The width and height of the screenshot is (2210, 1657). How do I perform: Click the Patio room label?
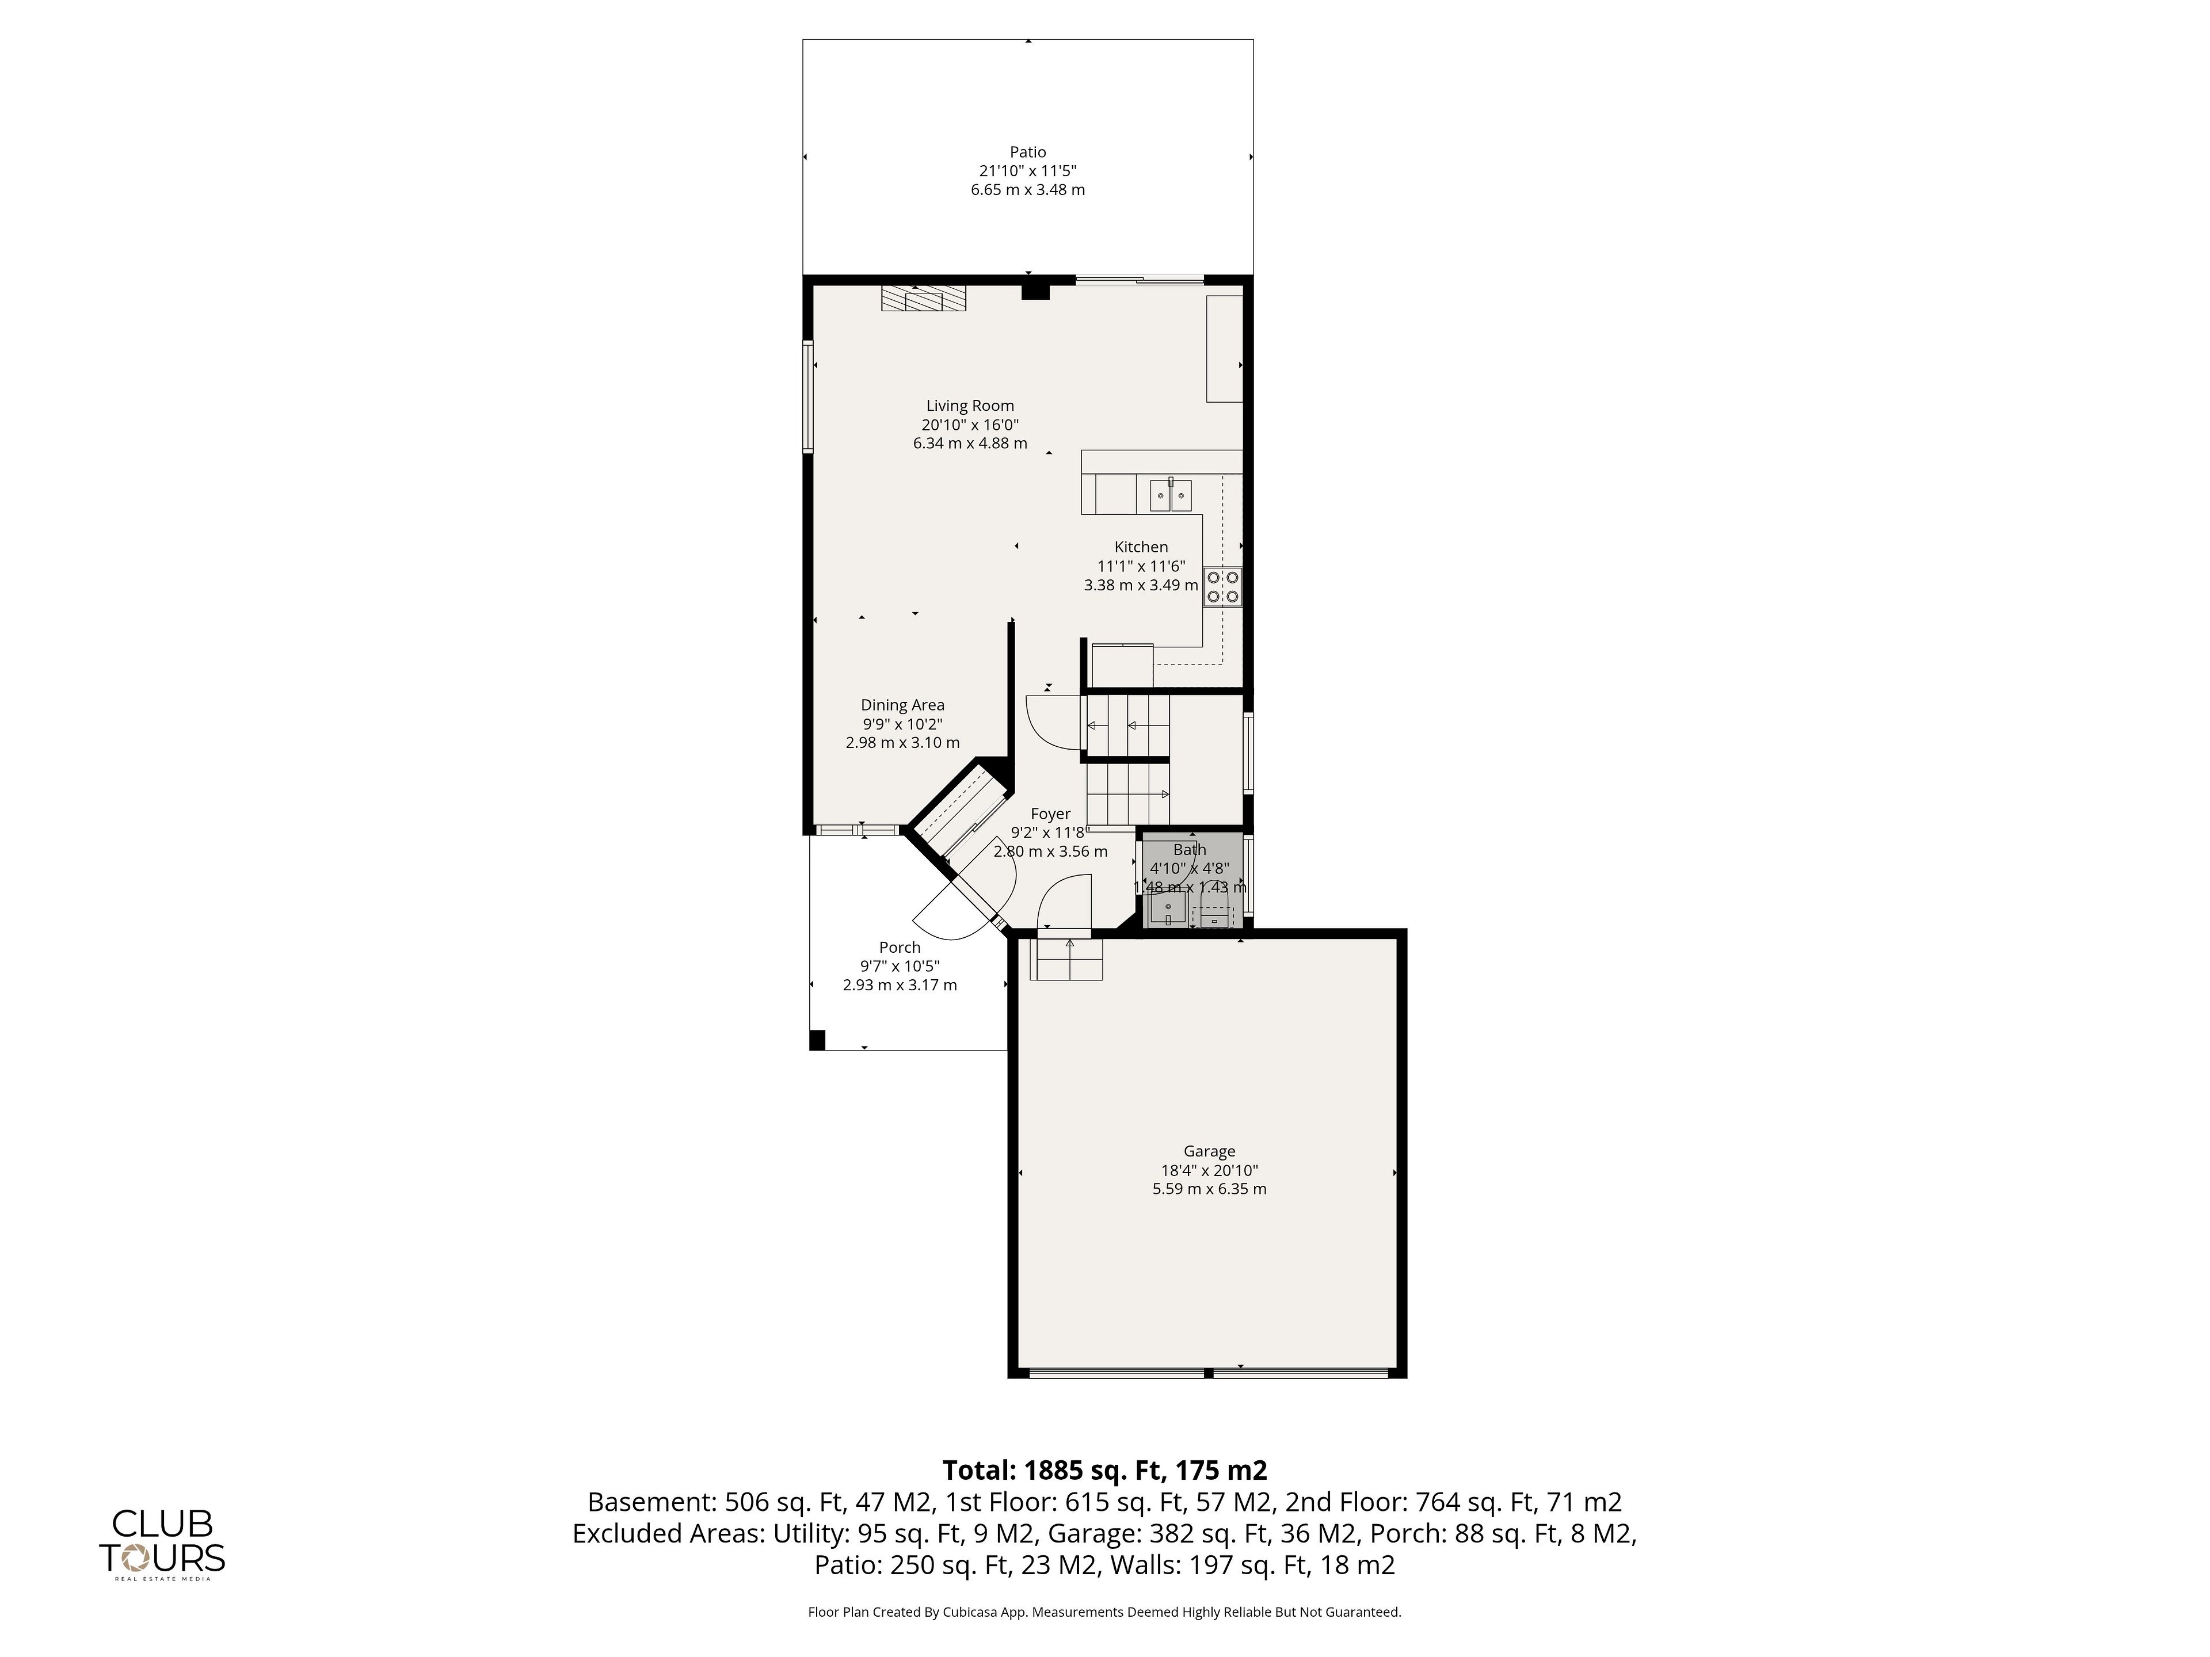(x=1027, y=152)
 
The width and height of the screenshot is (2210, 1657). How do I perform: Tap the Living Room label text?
(x=969, y=406)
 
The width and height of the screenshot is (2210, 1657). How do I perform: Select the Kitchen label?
(x=1141, y=547)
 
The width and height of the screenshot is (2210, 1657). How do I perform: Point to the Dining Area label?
(x=902, y=705)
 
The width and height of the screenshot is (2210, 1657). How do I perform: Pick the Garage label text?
(x=1209, y=1152)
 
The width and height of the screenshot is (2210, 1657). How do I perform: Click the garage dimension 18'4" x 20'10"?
(x=1209, y=1171)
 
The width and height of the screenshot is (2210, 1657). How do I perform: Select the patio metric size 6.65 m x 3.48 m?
(x=1027, y=190)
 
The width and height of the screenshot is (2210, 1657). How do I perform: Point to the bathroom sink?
(x=1167, y=910)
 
